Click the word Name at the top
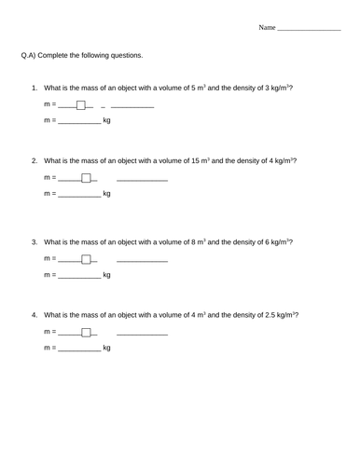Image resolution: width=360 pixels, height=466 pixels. [267, 28]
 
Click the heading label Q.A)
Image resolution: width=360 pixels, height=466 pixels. [29, 55]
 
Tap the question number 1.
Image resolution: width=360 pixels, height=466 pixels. [35, 88]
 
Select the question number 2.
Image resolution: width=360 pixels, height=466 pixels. [35, 160]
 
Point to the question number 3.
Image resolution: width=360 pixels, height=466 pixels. [35, 241]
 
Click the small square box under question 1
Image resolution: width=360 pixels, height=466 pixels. [81, 104]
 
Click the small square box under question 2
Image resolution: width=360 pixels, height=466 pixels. [86, 177]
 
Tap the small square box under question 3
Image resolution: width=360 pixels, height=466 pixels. [86, 258]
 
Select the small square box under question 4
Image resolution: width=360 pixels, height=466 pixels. [86, 331]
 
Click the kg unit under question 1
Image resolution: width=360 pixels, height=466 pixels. [106, 121]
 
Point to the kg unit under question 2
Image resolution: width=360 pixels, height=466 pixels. [106, 194]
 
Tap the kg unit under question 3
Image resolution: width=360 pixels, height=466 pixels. [106, 275]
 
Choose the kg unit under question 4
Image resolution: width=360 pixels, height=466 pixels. [106, 348]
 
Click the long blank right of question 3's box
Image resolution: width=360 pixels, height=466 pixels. [142, 261]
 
